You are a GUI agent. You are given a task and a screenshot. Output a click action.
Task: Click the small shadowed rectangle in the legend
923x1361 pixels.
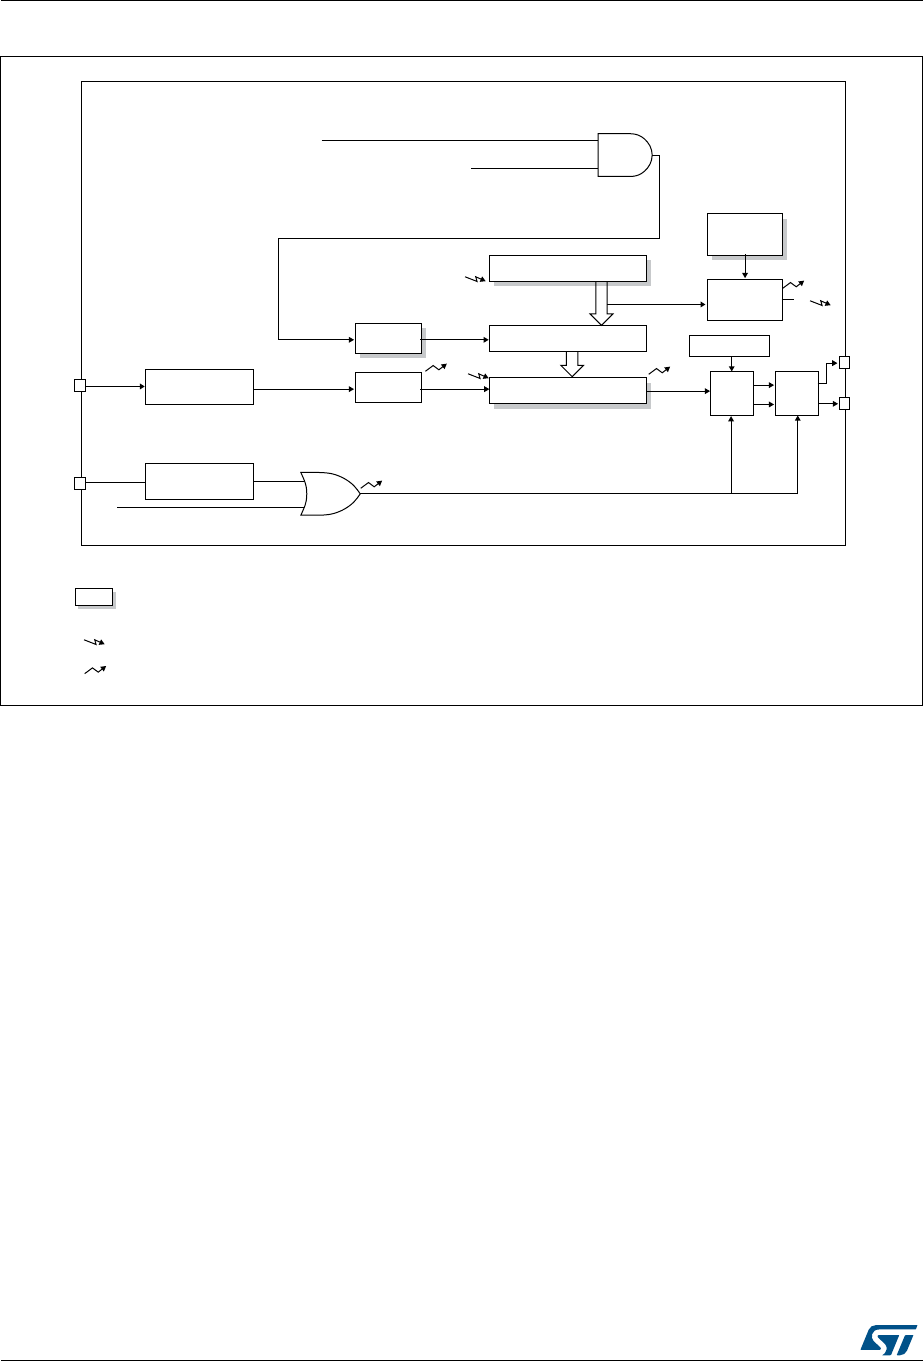coord(93,598)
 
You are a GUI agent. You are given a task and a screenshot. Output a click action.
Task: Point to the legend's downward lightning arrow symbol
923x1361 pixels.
coord(93,641)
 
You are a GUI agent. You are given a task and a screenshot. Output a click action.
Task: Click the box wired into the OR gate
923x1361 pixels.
coord(199,481)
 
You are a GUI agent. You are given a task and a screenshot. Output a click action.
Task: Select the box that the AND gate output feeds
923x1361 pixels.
coord(387,338)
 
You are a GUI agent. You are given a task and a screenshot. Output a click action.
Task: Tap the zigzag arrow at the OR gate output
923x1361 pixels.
coord(371,484)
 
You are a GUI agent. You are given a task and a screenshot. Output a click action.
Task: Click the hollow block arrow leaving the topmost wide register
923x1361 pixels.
coord(601,303)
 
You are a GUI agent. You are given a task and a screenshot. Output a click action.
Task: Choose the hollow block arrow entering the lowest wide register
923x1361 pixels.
coord(572,364)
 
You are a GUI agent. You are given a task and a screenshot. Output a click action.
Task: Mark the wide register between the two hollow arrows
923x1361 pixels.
coord(567,338)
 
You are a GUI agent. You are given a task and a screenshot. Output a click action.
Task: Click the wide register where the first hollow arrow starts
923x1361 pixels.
coord(567,268)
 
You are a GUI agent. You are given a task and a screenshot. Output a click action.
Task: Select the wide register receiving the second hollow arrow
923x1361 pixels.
coord(567,391)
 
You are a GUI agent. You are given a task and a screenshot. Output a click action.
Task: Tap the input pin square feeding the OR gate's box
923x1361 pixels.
coord(80,484)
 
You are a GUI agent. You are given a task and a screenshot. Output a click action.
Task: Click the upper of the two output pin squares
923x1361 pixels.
coord(845,361)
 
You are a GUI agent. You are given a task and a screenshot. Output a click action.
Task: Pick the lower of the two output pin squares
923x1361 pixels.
coord(845,404)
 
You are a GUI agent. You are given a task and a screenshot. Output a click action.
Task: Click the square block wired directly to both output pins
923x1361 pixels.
coord(797,393)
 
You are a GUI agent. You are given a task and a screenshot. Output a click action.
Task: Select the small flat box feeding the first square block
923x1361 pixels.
coord(730,346)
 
